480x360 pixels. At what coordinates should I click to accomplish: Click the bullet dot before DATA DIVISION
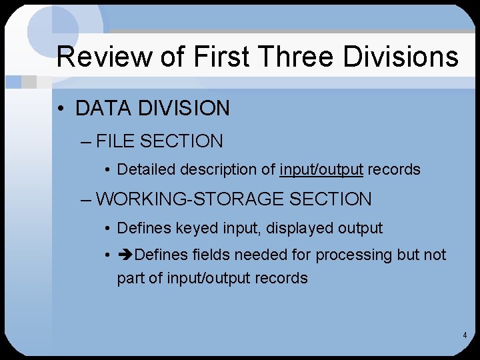click(x=63, y=109)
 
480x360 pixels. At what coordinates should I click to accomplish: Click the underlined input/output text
click(x=321, y=169)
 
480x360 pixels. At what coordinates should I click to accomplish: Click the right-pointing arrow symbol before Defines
click(x=125, y=255)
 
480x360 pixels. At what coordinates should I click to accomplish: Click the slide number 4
click(x=464, y=335)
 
